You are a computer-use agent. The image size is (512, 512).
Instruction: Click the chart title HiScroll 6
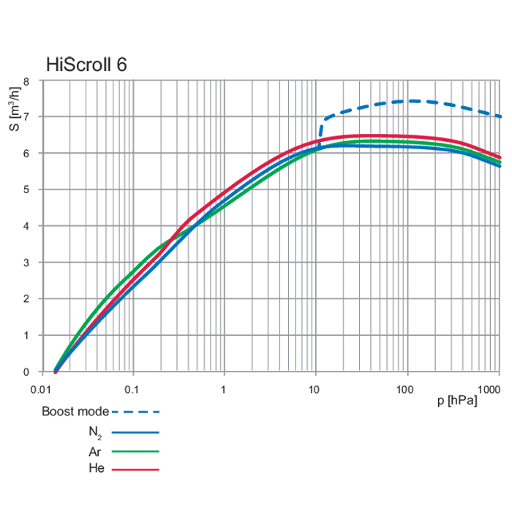86,64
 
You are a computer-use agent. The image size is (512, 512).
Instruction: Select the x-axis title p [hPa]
457,401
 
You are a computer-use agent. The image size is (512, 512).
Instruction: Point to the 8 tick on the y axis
26,80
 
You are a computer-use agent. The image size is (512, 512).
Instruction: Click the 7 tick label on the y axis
26,117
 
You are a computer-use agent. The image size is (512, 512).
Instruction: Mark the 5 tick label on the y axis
26,189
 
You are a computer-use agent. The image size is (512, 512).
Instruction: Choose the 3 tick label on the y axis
26,263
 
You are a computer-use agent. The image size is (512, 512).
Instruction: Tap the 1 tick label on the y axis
26,336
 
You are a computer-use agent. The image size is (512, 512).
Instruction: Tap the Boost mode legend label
75,411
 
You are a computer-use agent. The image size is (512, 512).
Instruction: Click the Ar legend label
95,451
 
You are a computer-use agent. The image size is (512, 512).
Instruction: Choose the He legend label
95,469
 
